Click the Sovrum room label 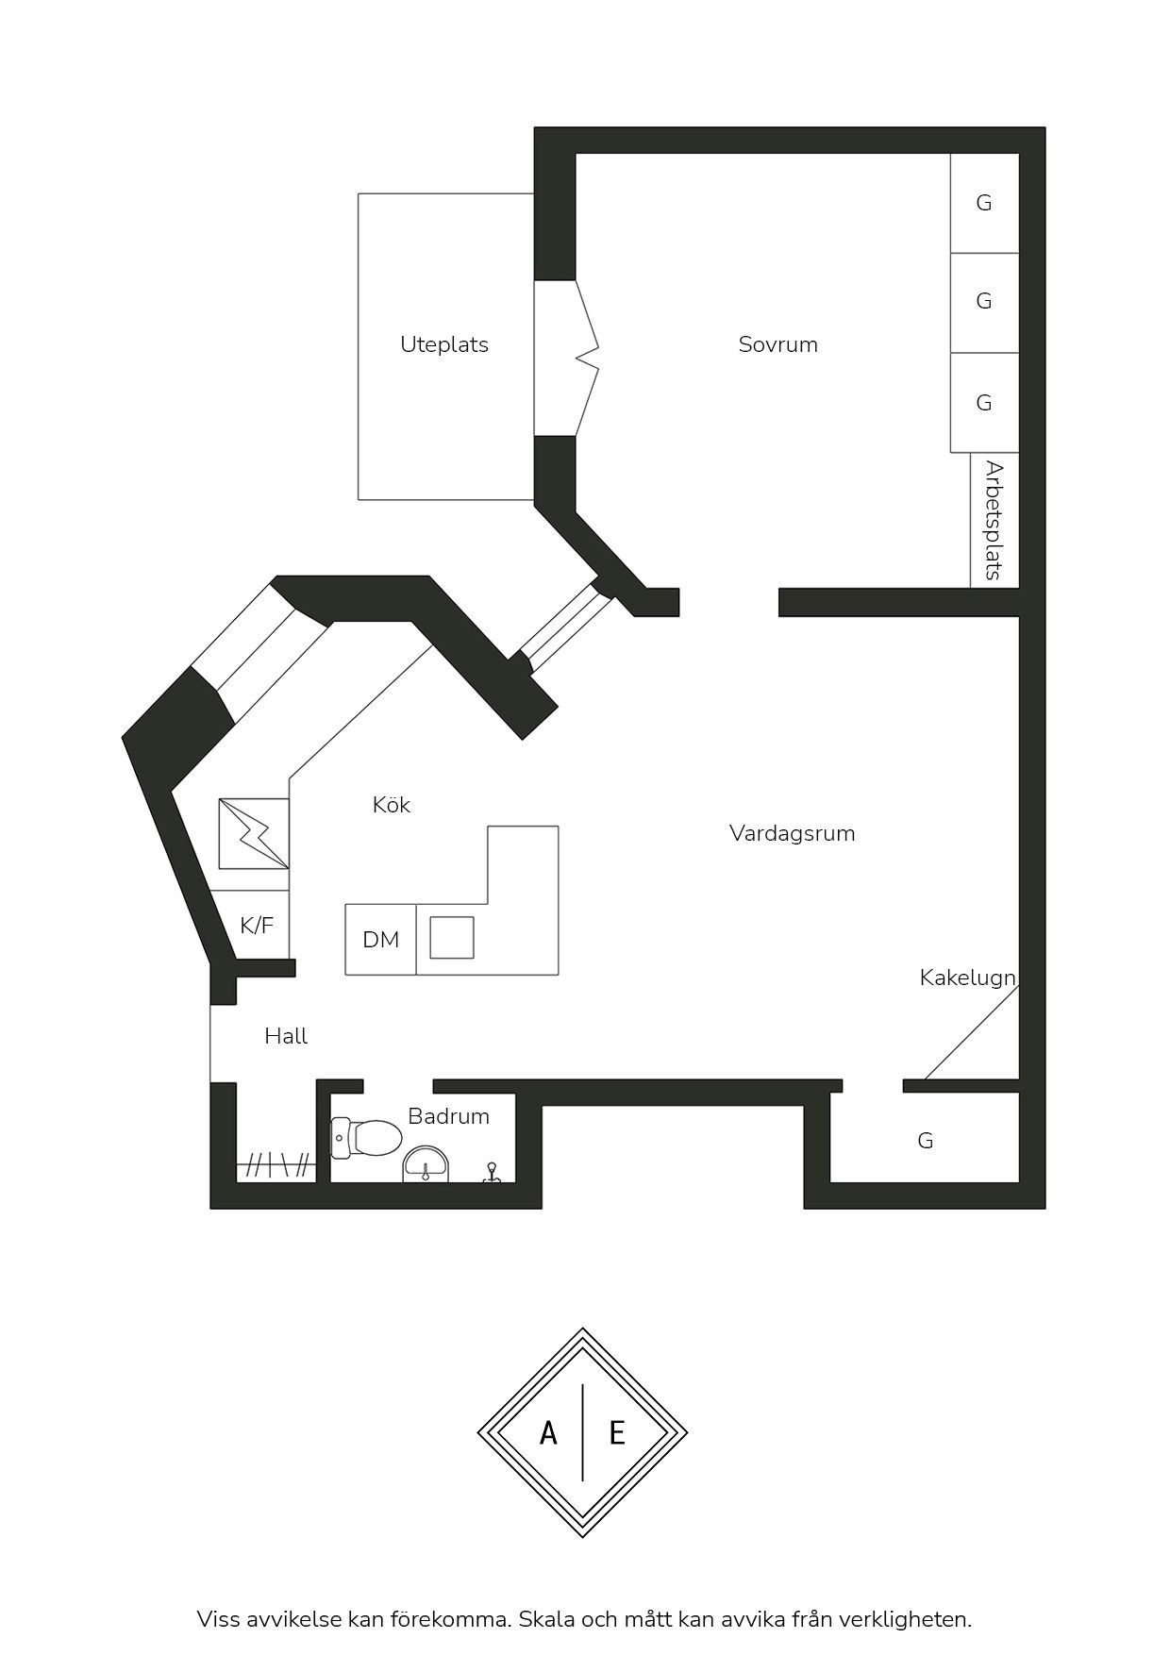point(777,344)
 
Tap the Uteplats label point(443,345)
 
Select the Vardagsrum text point(792,834)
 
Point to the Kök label point(391,805)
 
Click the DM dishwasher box point(380,940)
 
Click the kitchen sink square point(452,938)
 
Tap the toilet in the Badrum point(366,1138)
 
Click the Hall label point(286,1036)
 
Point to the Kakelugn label point(967,978)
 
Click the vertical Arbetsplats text point(994,520)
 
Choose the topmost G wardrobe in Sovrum point(984,203)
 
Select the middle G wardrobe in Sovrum point(984,303)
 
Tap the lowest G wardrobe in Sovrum point(984,403)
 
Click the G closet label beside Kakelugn point(926,1141)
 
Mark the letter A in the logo point(548,1433)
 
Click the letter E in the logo point(617,1433)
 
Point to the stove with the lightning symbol point(254,833)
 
